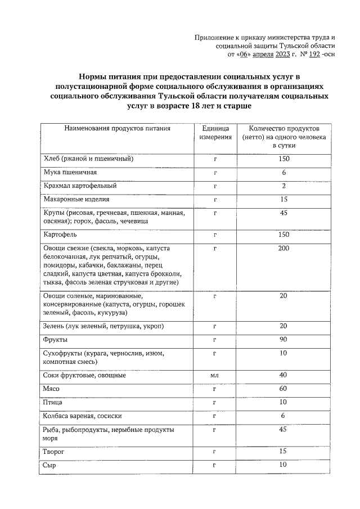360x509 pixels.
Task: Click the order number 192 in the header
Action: [x=315, y=55]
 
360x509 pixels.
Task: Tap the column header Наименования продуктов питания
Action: [x=117, y=128]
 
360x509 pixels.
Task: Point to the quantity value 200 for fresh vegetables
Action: [x=284, y=248]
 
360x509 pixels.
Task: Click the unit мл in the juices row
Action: [x=215, y=375]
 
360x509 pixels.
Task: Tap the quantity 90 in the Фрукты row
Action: [x=284, y=340]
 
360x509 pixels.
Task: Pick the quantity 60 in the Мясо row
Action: [x=284, y=389]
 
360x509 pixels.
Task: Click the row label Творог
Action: [x=53, y=452]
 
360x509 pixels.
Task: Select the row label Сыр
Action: [x=49, y=465]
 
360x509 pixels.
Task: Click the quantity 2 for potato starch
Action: [x=284, y=186]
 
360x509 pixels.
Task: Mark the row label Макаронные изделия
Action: [x=76, y=199]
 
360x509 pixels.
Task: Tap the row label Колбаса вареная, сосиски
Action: [x=82, y=416]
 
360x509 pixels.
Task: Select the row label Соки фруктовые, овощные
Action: [x=84, y=375]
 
